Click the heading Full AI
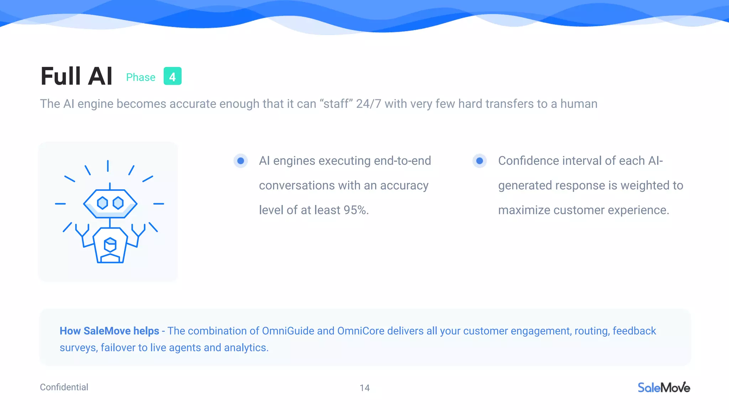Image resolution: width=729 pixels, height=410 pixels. point(77,76)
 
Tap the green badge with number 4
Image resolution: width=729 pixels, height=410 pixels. point(172,76)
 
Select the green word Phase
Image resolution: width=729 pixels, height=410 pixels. point(141,77)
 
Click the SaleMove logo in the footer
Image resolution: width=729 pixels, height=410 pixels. point(664,387)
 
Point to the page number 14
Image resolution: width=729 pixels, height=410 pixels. point(364,388)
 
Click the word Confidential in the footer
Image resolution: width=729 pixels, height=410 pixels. point(64,387)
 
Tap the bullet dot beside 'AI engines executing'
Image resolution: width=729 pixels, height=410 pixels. point(241,161)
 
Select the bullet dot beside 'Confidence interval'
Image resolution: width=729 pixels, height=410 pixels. point(479,161)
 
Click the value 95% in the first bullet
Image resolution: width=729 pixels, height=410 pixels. point(355,210)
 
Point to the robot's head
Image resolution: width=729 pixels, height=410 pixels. point(110,204)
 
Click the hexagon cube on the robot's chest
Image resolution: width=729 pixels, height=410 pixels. point(110,245)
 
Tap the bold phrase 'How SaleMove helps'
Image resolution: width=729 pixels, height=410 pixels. point(109,331)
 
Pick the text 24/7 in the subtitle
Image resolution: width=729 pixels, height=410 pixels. point(368,104)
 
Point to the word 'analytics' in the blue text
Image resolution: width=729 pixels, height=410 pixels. point(246,348)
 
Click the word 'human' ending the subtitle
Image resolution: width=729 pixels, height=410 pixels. point(579,104)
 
